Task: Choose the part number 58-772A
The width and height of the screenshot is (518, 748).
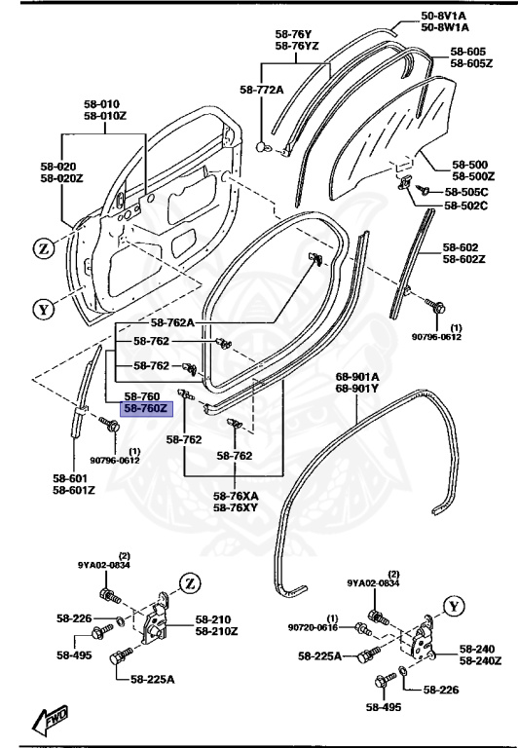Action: (261, 91)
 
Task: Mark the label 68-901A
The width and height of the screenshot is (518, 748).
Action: (357, 376)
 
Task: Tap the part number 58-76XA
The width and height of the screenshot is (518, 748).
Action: (237, 495)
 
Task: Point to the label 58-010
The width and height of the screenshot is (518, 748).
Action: (101, 104)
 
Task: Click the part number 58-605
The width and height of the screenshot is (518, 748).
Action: (468, 51)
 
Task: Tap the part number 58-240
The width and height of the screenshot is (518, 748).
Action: (478, 649)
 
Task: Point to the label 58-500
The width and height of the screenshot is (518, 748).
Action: (471, 164)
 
